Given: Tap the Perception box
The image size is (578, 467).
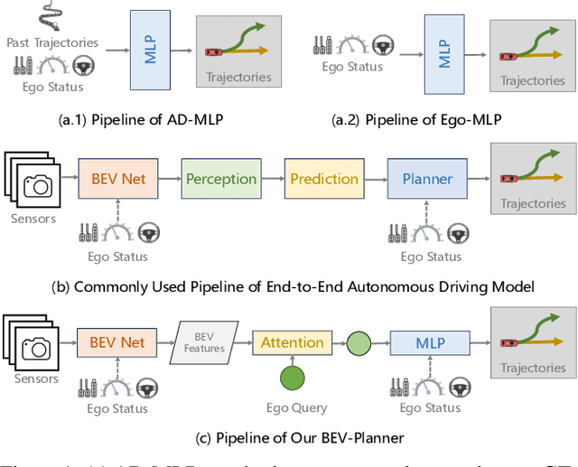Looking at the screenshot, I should pyautogui.click(x=221, y=179).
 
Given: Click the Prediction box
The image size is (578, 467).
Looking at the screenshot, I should pyautogui.click(x=324, y=179).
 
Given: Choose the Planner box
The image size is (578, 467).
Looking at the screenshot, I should pyautogui.click(x=426, y=179).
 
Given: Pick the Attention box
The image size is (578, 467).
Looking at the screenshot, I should pyautogui.click(x=292, y=342).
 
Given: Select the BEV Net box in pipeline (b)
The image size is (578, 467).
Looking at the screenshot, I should pyautogui.click(x=118, y=179).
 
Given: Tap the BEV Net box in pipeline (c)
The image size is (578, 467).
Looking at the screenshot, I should pyautogui.click(x=118, y=342).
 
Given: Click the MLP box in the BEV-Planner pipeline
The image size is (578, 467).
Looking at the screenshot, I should pyautogui.click(x=430, y=343).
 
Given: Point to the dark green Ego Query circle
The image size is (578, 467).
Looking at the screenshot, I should pyautogui.click(x=292, y=379).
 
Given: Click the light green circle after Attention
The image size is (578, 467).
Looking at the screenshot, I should pyautogui.click(x=359, y=343).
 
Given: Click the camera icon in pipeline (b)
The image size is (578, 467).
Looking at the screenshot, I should pyautogui.click(x=39, y=186).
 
